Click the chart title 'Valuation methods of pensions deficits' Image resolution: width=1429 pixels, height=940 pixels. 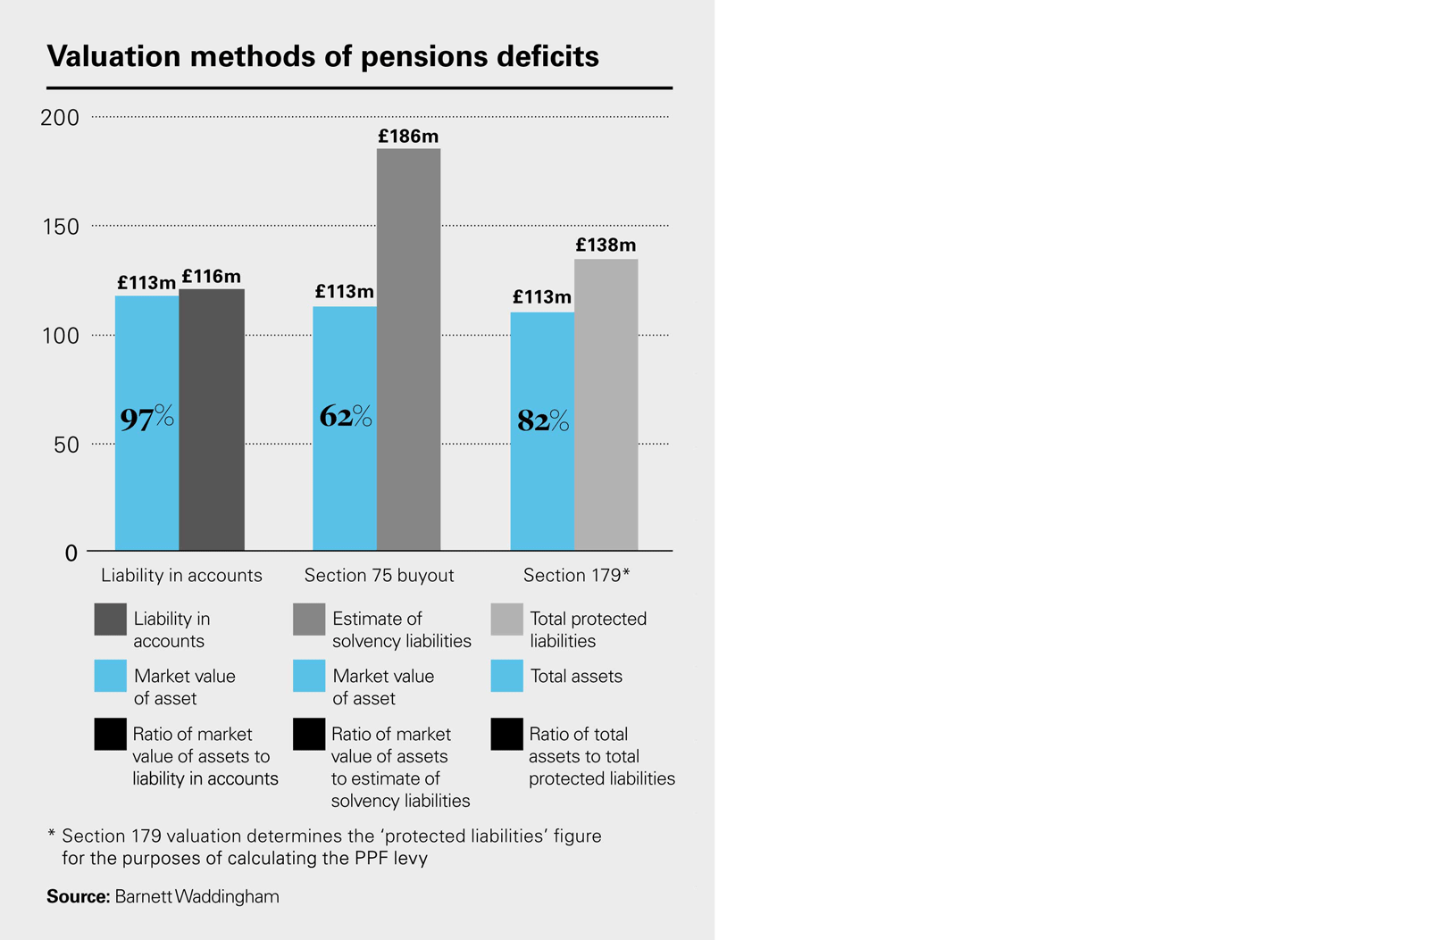pos(322,56)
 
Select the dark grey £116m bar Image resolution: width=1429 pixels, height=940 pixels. pos(212,420)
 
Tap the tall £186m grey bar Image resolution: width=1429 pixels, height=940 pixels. pos(408,349)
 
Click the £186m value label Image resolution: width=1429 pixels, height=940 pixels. pos(408,137)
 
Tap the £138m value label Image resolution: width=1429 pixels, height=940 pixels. pos(606,245)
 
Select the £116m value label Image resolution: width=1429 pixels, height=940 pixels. pos(212,277)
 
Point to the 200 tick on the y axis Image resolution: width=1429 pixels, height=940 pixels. pos(60,118)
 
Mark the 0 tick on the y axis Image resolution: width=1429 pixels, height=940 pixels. pos(71,553)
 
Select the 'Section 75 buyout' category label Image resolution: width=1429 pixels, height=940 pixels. pos(379,576)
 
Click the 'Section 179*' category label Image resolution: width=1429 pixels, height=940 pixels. pos(577,576)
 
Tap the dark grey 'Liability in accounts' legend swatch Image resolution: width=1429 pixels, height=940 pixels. pos(111,620)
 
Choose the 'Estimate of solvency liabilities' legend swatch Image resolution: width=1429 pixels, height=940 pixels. pos(309,620)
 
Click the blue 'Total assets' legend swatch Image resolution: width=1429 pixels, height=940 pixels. pos(506,676)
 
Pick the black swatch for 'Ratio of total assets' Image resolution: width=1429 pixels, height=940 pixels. pos(506,735)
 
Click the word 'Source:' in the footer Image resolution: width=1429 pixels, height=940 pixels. pos(79,897)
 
